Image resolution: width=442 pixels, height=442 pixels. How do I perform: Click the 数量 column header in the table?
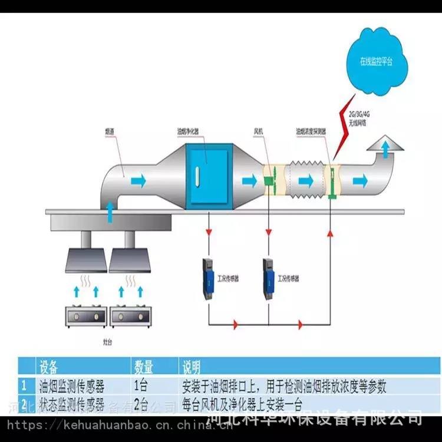[144, 367]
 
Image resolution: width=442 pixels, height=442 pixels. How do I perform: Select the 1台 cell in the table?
[141, 387]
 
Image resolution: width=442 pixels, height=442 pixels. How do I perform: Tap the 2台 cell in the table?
[141, 405]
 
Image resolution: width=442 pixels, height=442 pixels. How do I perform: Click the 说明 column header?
[192, 367]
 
